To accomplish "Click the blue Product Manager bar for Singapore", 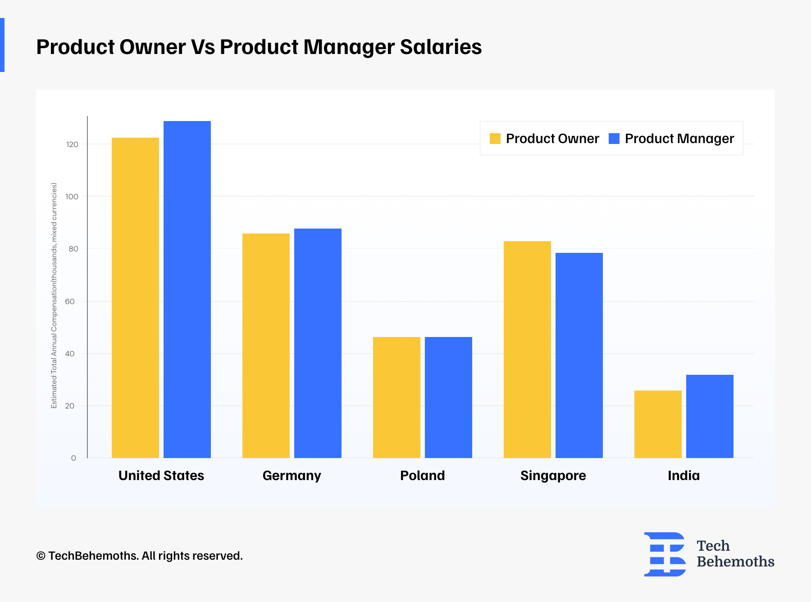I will (x=579, y=355).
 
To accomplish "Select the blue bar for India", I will (x=710, y=416).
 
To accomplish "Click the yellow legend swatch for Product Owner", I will (x=495, y=139).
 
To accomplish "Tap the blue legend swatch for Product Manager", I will (x=614, y=139).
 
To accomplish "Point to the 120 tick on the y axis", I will (x=72, y=144).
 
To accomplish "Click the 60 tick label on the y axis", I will (x=70, y=301).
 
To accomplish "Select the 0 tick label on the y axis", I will (x=73, y=458).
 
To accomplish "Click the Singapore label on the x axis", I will (x=553, y=476).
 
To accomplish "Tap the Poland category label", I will (x=422, y=476).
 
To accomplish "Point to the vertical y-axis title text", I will (x=54, y=296).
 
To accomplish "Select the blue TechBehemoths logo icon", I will (x=665, y=554).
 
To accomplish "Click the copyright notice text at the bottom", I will (x=139, y=556).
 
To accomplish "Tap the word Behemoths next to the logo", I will (x=735, y=562).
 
